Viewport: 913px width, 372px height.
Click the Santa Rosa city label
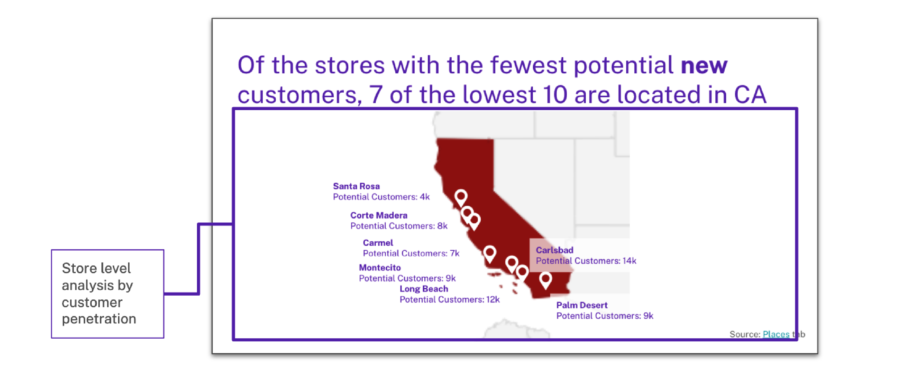coord(356,186)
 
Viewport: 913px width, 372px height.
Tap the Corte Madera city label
coord(379,215)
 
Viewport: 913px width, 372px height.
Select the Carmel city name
coord(378,243)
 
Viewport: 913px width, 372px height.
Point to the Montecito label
coord(379,268)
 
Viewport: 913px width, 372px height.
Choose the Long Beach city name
coord(424,289)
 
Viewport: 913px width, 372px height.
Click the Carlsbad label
coord(554,250)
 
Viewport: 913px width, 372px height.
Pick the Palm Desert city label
coord(582,305)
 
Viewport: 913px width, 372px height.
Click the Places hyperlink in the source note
coord(776,334)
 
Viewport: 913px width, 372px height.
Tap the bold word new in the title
coord(704,66)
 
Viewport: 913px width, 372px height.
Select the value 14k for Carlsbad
coord(629,261)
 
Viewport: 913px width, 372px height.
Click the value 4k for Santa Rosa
coord(425,197)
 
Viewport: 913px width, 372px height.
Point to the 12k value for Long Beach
coord(493,300)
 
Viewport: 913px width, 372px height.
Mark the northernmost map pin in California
coord(461,197)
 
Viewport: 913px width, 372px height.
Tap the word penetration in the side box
coord(99,319)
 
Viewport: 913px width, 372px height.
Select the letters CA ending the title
coord(750,95)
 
